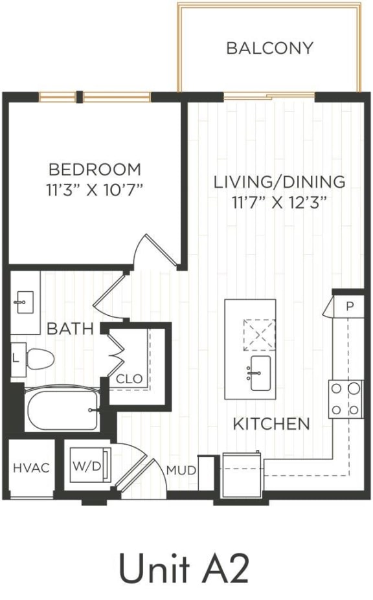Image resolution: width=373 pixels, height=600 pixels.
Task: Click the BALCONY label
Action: (269, 49)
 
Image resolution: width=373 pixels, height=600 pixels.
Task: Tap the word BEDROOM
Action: (95, 170)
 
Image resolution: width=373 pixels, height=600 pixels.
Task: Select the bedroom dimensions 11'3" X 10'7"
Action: (95, 189)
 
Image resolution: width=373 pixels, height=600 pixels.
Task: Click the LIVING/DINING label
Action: (279, 182)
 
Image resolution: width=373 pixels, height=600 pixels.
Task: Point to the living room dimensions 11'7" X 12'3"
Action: (279, 201)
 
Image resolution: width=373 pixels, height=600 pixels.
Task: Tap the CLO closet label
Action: (130, 379)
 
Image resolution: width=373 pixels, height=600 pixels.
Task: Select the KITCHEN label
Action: (271, 425)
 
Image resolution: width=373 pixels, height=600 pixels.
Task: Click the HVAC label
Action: (31, 468)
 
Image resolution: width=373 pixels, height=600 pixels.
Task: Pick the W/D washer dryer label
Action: (86, 466)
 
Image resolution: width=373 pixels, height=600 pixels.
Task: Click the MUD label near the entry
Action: (181, 471)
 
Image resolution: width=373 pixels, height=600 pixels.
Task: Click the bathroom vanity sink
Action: (25, 302)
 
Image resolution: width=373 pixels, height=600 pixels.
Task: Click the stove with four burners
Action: (345, 399)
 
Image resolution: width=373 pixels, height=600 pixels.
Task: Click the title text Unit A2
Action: (183, 570)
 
